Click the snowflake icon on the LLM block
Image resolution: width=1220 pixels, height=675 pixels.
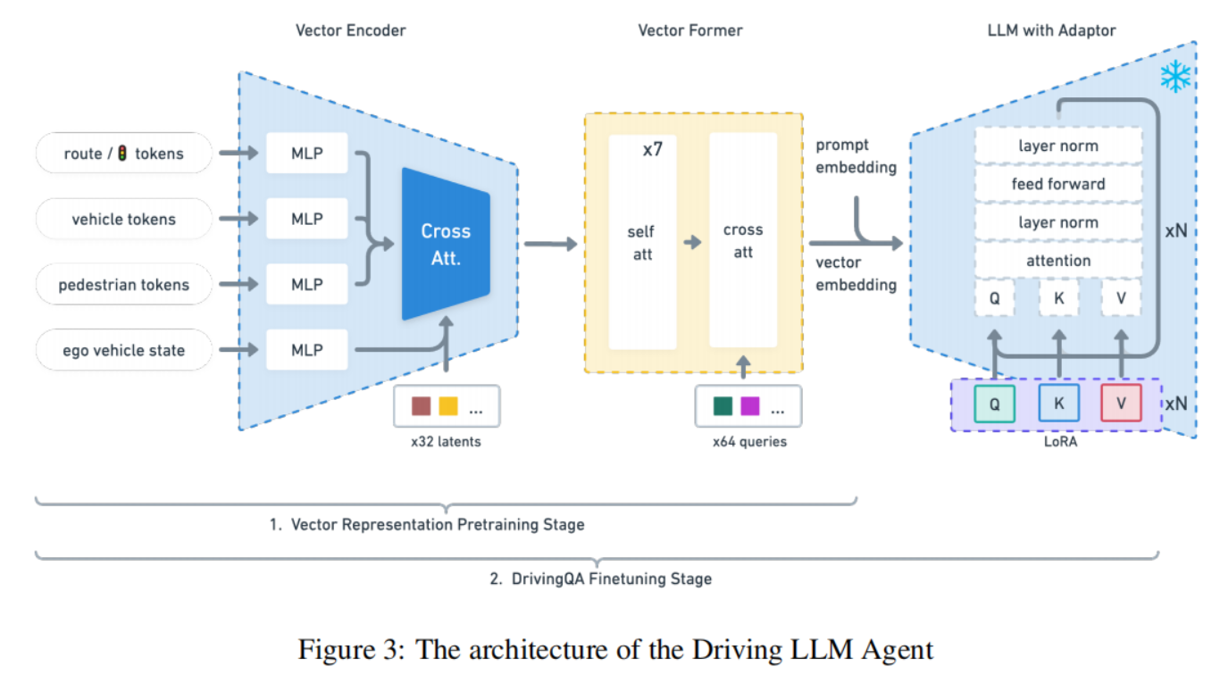(x=1175, y=77)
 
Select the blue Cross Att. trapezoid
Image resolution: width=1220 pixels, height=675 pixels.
(x=446, y=243)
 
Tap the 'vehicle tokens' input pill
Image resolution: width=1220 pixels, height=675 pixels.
(x=124, y=219)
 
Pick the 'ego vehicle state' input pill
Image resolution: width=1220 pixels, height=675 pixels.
(x=124, y=350)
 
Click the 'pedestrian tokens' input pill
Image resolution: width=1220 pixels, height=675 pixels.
(x=124, y=285)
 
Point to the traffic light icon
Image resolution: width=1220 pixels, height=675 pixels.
(x=122, y=154)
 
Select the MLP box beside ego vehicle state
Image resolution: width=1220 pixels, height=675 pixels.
(x=306, y=350)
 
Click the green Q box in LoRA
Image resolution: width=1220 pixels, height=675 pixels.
(x=994, y=404)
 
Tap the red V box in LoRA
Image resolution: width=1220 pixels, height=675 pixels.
(x=1121, y=404)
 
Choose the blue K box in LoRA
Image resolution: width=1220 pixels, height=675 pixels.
(x=1058, y=404)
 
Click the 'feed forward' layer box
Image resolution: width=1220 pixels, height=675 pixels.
(x=1057, y=184)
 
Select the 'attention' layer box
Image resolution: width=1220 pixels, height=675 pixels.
(x=1057, y=261)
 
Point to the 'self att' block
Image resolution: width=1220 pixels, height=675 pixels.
(x=642, y=242)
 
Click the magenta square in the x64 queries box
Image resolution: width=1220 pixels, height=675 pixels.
(x=749, y=406)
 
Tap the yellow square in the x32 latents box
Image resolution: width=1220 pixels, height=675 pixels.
(x=447, y=406)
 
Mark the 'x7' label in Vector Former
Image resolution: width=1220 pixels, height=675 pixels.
(x=653, y=149)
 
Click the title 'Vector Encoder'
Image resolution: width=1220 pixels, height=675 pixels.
(x=351, y=30)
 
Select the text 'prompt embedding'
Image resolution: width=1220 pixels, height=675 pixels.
(x=856, y=155)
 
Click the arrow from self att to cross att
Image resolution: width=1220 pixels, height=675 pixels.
(x=692, y=242)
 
